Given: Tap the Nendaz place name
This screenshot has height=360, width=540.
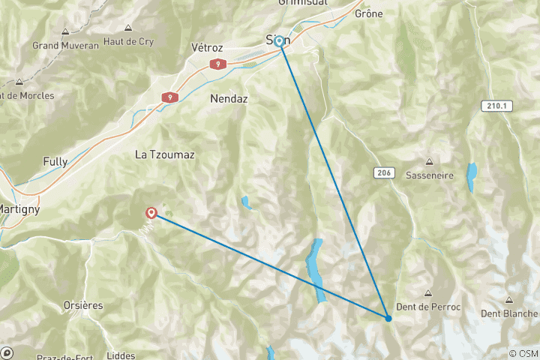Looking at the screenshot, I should [x=229, y=99].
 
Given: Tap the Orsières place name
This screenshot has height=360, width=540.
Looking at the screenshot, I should [x=82, y=305].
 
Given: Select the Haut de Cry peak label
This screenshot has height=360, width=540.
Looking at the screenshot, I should [x=129, y=42].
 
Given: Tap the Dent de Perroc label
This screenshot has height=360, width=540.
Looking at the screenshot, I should [x=429, y=307].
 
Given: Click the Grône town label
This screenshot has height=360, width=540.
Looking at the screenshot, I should [x=368, y=13].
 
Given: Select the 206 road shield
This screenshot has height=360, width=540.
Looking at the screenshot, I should [x=382, y=173].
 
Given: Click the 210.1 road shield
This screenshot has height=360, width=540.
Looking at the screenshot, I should [x=496, y=106].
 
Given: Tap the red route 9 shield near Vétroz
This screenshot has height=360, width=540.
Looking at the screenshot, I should [x=217, y=64].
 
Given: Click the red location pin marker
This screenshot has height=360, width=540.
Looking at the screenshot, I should [x=151, y=213].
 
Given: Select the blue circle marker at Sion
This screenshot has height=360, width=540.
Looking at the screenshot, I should [x=279, y=41].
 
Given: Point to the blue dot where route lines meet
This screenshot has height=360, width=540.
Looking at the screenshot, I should [x=388, y=319].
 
